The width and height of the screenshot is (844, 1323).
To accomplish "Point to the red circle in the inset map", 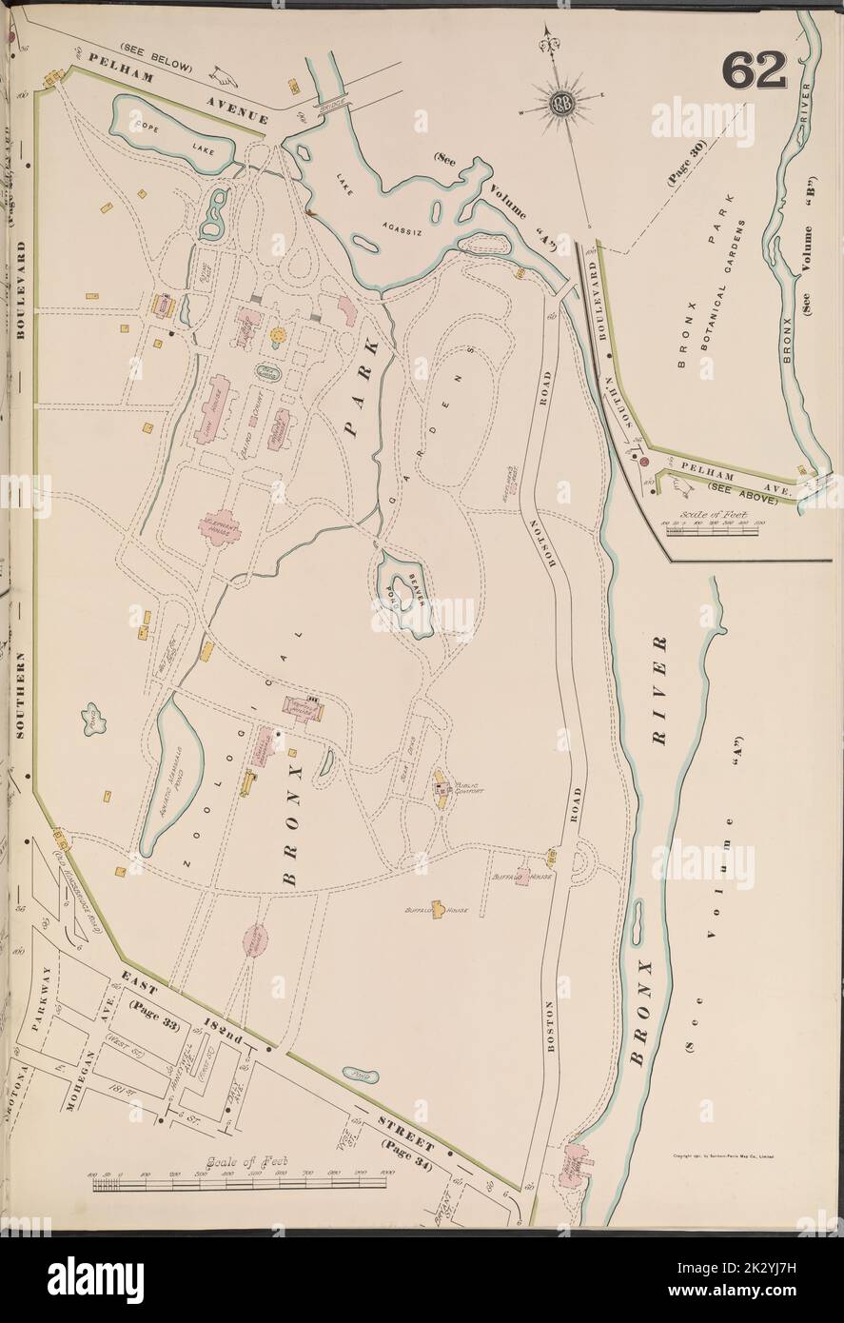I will click(645, 462).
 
